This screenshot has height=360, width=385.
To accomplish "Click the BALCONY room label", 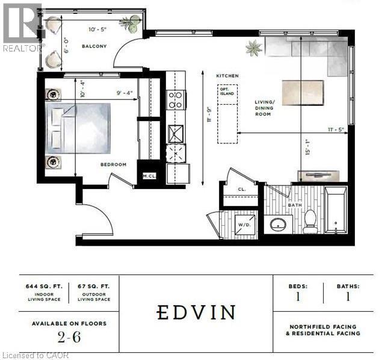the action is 94,46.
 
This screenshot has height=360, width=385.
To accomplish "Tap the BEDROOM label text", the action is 114,164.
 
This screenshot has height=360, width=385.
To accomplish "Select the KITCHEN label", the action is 227,76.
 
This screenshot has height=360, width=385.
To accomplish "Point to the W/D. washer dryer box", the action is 245,225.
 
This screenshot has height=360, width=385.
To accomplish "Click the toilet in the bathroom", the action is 310,222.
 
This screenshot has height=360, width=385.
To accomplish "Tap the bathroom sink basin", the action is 278,225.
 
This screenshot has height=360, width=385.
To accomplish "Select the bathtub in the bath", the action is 336,209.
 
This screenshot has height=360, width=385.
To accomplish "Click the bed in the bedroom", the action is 78,128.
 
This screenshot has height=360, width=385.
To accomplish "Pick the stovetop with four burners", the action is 176,100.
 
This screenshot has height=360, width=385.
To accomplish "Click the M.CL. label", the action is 149,176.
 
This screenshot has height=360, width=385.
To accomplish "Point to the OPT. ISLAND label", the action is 227,92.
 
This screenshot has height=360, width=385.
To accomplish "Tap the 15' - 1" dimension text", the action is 307,147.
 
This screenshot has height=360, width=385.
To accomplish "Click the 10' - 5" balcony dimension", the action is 97,29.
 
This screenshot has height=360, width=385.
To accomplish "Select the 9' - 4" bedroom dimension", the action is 125,93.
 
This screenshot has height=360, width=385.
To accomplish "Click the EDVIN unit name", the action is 196,312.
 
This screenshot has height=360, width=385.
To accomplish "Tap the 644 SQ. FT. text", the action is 44,287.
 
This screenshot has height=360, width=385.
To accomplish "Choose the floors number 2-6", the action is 69,337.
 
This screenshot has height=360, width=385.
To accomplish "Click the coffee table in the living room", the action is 303,93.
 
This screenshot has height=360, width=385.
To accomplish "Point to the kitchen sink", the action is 176,134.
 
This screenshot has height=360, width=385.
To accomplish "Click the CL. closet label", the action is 242,190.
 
